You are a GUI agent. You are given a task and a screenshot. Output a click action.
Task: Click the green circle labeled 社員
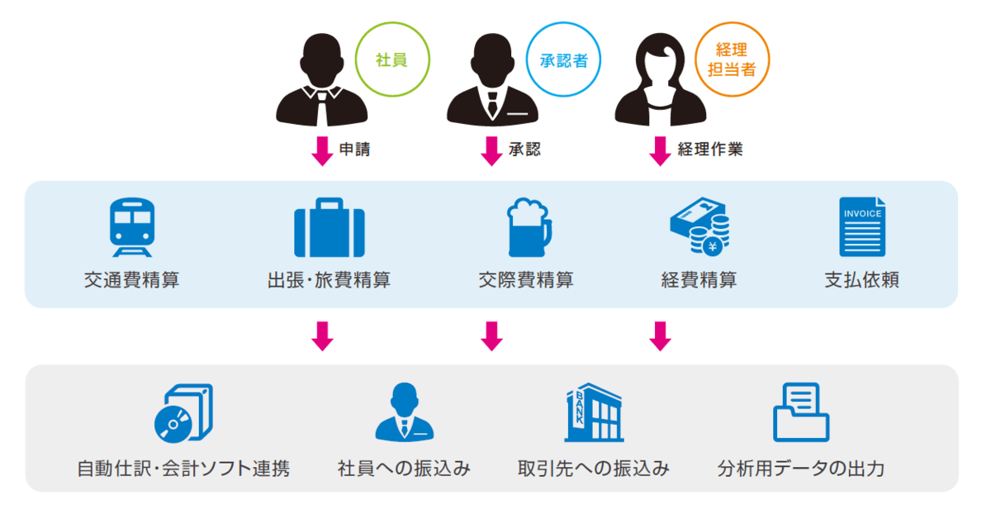pyautogui.click(x=391, y=59)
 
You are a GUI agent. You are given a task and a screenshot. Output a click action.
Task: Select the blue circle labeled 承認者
pyautogui.click(x=563, y=59)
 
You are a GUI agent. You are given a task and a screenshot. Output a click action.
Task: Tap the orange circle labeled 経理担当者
pyautogui.click(x=732, y=59)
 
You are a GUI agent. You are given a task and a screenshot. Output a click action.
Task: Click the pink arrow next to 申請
pyautogui.click(x=322, y=150)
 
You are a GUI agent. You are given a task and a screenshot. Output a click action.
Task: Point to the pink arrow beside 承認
pyautogui.click(x=491, y=150)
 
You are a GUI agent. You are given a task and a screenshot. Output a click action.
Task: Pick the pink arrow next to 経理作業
pyautogui.click(x=659, y=150)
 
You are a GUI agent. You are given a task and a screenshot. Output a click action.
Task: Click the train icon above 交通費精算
pyautogui.click(x=132, y=226)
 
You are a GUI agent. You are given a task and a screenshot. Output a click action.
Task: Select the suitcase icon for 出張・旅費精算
pyautogui.click(x=330, y=227)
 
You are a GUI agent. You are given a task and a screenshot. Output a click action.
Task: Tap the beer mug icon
pyautogui.click(x=527, y=227)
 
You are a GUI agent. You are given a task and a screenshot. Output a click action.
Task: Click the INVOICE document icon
pyautogui.click(x=862, y=226)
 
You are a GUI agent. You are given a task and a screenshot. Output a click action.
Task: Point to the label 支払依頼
pyautogui.click(x=862, y=280)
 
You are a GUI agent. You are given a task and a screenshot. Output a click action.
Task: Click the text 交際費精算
pyautogui.click(x=526, y=280)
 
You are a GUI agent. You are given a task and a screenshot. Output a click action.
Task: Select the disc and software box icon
pyautogui.click(x=183, y=412)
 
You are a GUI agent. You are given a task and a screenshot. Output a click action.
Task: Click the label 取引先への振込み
pyautogui.click(x=594, y=469)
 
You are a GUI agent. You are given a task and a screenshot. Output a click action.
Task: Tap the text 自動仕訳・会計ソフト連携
pyautogui.click(x=183, y=469)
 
